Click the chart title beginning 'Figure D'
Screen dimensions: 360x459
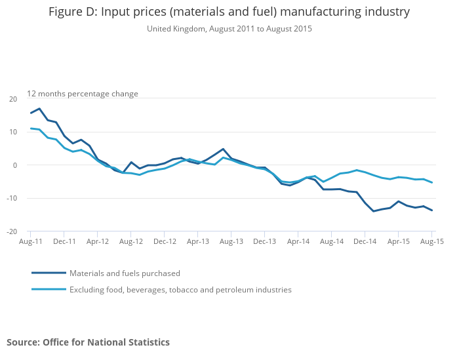pyautogui.click(x=229, y=12)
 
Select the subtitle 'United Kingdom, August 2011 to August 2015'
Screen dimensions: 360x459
pyautogui.click(x=229, y=29)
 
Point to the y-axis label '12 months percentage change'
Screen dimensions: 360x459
pyautogui.click(x=83, y=94)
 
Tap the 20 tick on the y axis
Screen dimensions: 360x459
pyautogui.click(x=13, y=99)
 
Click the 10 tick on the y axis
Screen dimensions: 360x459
pyautogui.click(x=13, y=132)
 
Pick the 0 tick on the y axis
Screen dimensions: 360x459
pyautogui.click(x=15, y=165)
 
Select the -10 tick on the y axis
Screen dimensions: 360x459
pyautogui.click(x=12, y=198)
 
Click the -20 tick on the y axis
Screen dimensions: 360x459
pyautogui.click(x=12, y=231)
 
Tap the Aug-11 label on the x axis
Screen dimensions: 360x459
pyautogui.click(x=30, y=241)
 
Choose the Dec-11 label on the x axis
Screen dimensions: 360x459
pyautogui.click(x=64, y=241)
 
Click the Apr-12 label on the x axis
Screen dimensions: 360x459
pyautogui.click(x=98, y=241)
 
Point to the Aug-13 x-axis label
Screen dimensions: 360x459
pyautogui.click(x=231, y=241)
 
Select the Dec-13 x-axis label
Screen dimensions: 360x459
pyautogui.click(x=265, y=241)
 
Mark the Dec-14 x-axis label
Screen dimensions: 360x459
pyautogui.click(x=365, y=241)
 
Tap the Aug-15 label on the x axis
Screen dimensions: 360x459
pyautogui.click(x=432, y=241)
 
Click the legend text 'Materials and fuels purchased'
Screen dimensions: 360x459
pyautogui.click(x=125, y=273)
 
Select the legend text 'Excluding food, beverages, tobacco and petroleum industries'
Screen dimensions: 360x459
pyautogui.click(x=180, y=290)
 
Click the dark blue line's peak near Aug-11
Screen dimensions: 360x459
pyautogui.click(x=39, y=109)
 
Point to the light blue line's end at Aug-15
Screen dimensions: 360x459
pyautogui.click(x=432, y=182)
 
